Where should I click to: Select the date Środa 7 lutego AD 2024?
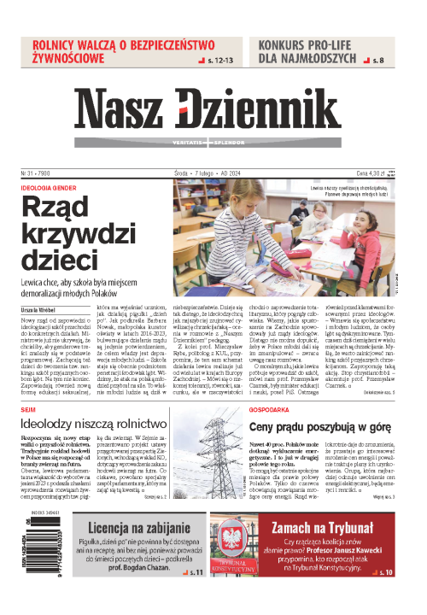point(213,172)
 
